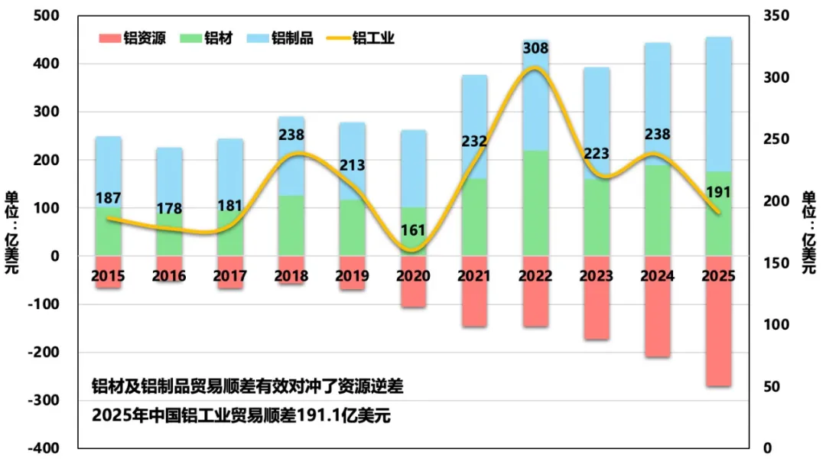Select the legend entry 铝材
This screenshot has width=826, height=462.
pyautogui.click(x=211, y=38)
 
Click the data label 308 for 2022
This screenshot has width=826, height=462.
pyautogui.click(x=535, y=48)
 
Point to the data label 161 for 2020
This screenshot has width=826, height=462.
pyautogui.click(x=413, y=229)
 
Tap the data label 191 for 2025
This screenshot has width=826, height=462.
pyautogui.click(x=718, y=192)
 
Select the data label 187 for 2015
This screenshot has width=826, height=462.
pyautogui.click(x=109, y=199)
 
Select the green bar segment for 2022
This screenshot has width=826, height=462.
pyautogui.click(x=535, y=203)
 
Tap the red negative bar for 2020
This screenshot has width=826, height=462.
pyautogui.click(x=413, y=292)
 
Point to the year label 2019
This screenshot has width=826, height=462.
pyautogui.click(x=352, y=275)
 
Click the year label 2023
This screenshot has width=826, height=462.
pyautogui.click(x=597, y=275)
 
